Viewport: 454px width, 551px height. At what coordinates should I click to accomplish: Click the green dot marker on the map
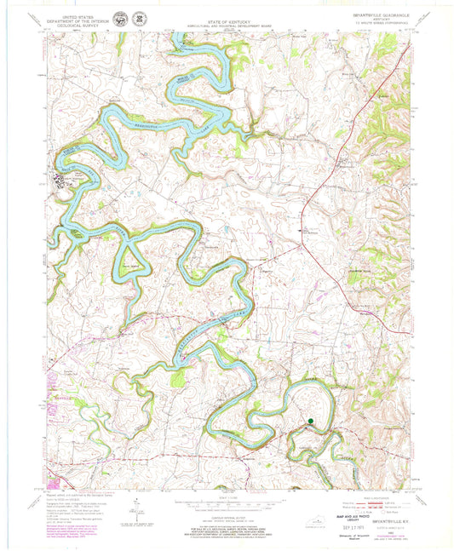[311, 420]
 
